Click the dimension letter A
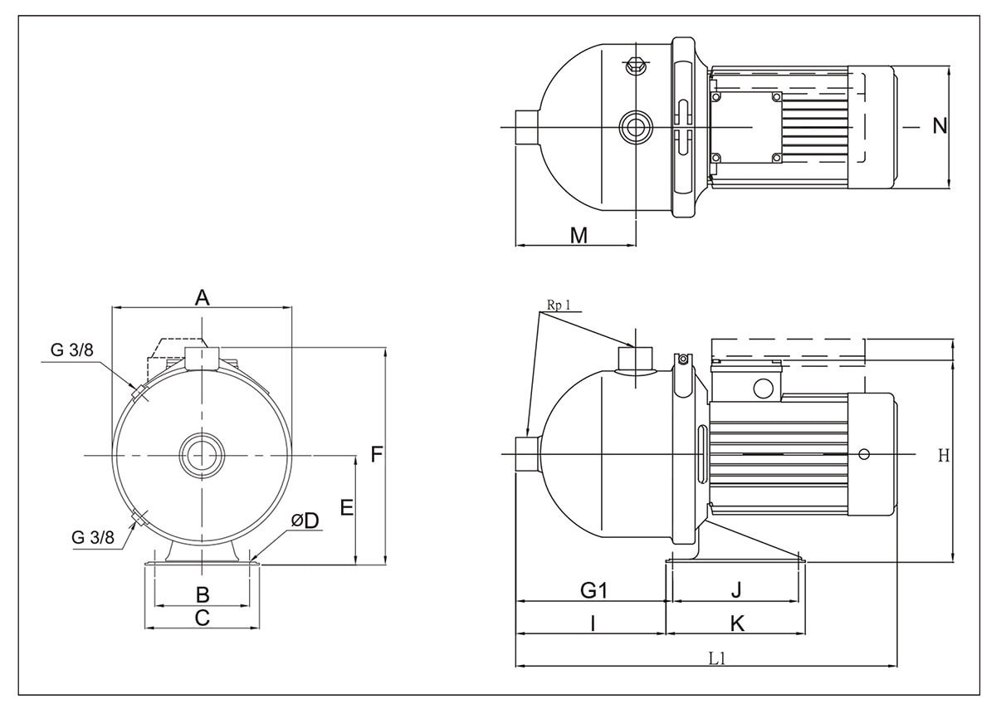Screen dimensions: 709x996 202,297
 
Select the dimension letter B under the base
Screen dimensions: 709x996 202,594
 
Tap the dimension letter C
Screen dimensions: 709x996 202,618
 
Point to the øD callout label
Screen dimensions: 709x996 305,521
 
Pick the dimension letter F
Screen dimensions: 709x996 377,455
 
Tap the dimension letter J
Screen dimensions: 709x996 735,590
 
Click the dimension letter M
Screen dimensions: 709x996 579,236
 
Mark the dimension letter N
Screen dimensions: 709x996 940,126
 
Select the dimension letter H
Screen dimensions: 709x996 943,455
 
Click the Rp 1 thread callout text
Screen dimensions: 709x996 559,305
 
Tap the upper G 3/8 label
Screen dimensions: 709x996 72,350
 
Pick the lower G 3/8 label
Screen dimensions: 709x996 93,537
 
